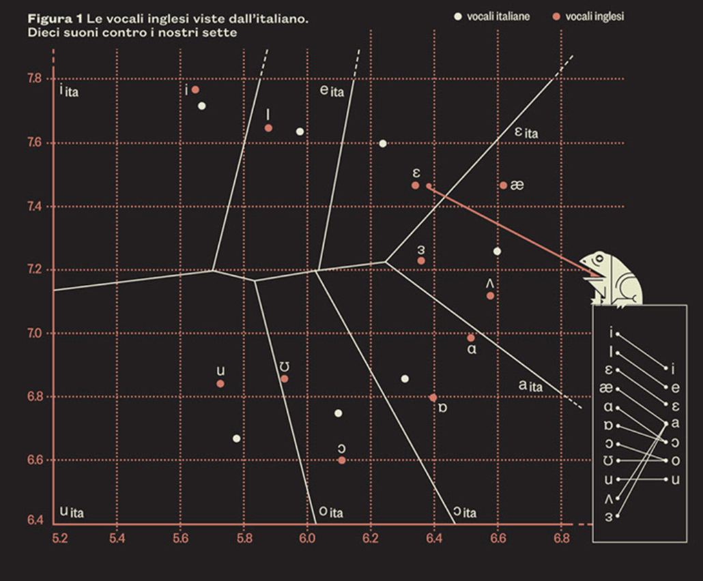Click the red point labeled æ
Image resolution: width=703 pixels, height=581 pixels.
503,185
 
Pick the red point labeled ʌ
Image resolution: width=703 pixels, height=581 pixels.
490,295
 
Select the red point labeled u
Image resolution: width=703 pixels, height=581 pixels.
220,384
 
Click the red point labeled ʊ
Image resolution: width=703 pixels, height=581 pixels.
285,379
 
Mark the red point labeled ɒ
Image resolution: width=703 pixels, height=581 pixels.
433,398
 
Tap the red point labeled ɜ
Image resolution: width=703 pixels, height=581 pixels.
421,260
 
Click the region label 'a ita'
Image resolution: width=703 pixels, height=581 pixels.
530,386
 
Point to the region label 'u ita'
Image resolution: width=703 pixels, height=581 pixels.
72,511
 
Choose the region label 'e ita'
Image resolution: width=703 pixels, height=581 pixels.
332,91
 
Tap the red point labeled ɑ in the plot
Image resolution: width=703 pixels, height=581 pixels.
471,338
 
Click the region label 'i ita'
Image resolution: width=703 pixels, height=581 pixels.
69,90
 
